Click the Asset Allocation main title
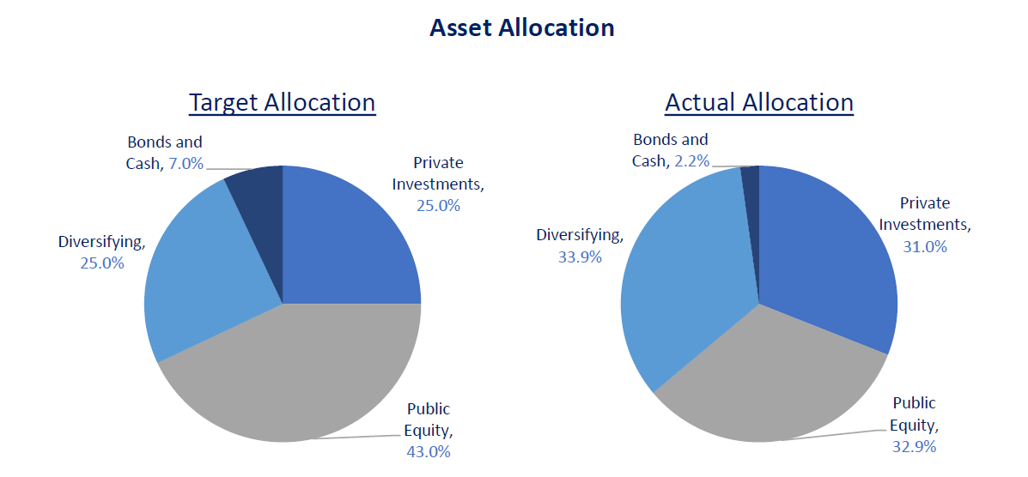521,28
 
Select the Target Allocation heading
282,103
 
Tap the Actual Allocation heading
759,103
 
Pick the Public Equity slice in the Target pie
292,377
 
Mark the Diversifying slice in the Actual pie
678,275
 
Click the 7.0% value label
186,163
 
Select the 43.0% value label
429,451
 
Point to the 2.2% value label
691,160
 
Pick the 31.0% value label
924,247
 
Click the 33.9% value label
581,257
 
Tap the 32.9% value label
914,446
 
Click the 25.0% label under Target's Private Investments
439,206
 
